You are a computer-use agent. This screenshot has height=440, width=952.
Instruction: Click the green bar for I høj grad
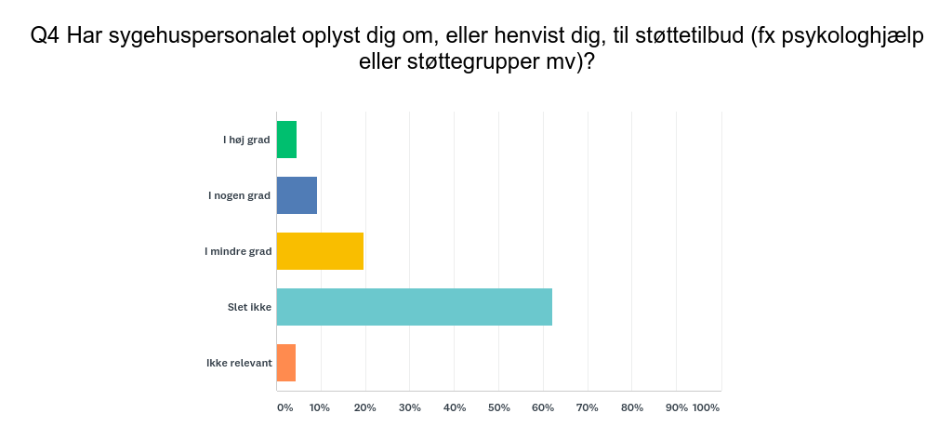click(x=286, y=140)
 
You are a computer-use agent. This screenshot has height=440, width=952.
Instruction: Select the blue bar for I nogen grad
click(x=297, y=195)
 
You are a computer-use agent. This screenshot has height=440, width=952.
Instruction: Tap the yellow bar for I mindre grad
click(x=320, y=251)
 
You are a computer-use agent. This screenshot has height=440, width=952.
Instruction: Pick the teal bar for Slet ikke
click(x=414, y=307)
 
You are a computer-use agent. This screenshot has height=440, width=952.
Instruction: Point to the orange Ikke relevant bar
click(x=286, y=363)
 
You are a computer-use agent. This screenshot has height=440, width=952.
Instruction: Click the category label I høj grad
click(x=246, y=140)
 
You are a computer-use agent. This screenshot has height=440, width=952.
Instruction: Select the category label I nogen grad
click(x=239, y=195)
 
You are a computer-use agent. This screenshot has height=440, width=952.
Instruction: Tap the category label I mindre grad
click(x=238, y=251)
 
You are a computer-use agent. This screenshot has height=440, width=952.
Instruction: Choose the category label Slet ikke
click(x=249, y=307)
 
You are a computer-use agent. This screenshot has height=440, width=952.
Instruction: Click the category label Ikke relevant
click(x=239, y=363)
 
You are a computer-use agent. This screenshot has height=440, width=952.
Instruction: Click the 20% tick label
click(x=364, y=407)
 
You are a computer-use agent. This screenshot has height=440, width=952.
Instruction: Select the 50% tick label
click(x=498, y=407)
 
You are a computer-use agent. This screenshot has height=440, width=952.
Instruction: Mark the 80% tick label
click(x=632, y=407)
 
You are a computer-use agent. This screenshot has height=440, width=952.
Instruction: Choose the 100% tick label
click(x=707, y=407)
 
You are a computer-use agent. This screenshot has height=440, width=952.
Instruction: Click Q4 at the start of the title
click(x=46, y=36)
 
